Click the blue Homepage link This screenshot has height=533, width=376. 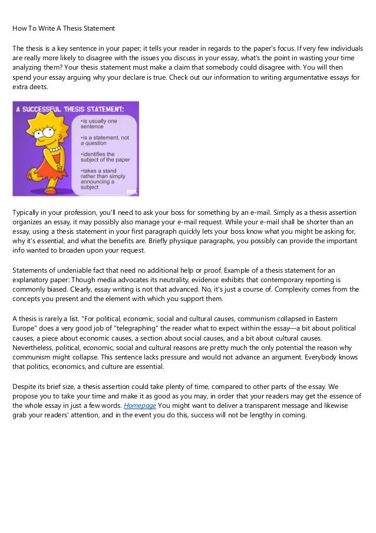140,406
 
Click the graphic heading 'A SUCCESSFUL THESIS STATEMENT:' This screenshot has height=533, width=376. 71,109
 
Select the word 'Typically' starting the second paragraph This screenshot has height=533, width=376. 28,212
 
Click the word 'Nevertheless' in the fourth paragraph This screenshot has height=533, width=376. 35,348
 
